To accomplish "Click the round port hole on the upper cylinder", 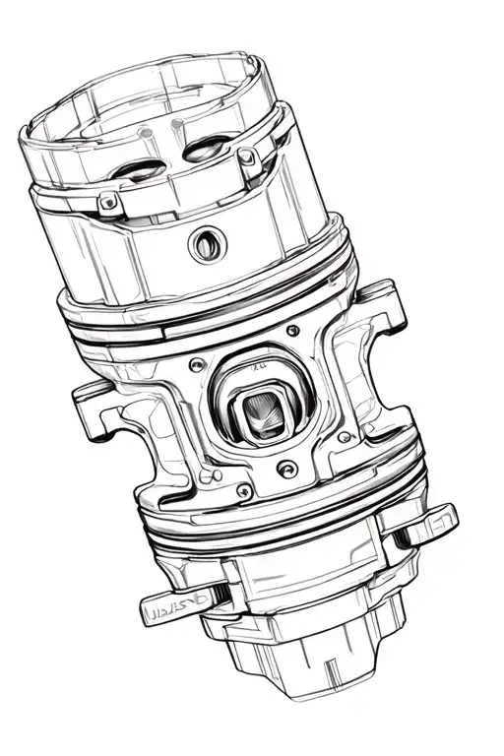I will [207, 241].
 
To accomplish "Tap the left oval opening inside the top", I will [136, 170].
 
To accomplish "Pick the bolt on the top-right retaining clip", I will [249, 157].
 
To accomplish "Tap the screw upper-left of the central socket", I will [200, 364].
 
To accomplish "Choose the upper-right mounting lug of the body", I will [386, 305].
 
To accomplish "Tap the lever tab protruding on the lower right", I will [431, 520].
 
